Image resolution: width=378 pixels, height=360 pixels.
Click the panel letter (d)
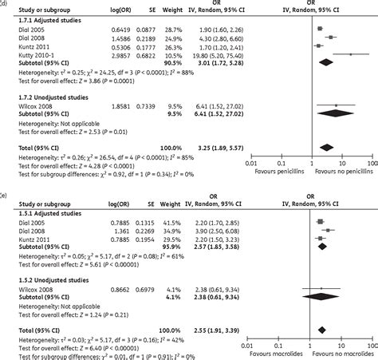click(x=4, y=3)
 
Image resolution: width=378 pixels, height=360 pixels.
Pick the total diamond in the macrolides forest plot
click(x=321, y=329)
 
